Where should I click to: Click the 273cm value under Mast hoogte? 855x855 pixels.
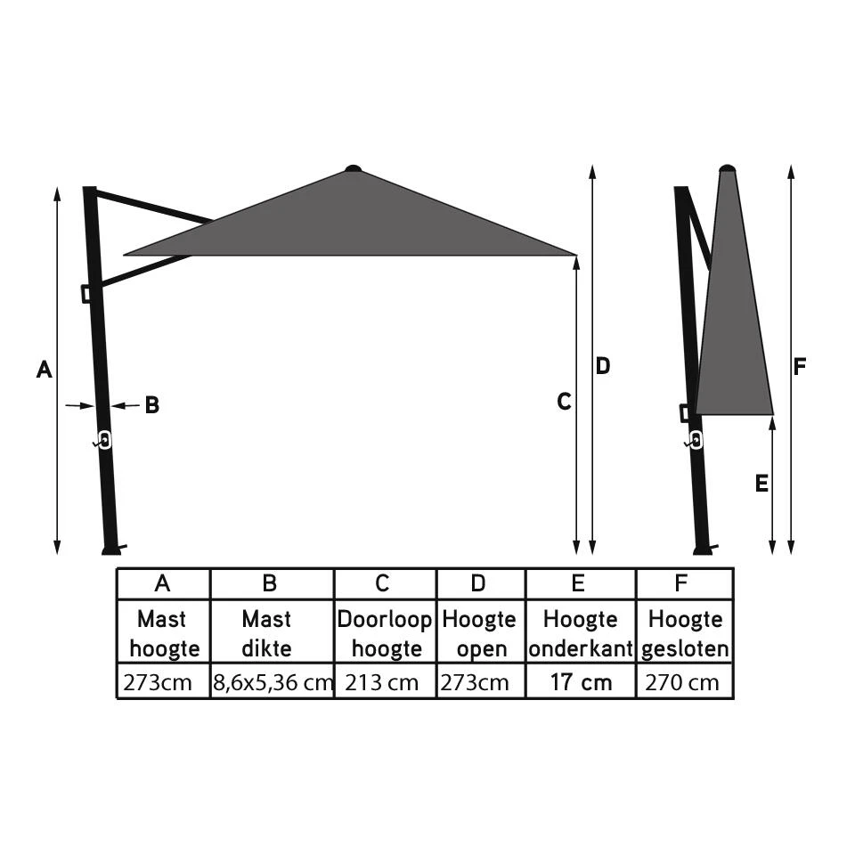click(x=163, y=683)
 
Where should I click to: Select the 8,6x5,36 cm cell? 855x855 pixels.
click(x=272, y=683)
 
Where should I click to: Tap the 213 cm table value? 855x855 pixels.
click(x=385, y=683)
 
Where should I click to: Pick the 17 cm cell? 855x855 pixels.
click(x=581, y=683)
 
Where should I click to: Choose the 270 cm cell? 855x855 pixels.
click(x=684, y=683)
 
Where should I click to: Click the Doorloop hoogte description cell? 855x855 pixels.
click(x=385, y=633)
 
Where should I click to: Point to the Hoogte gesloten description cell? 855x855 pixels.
click(x=684, y=633)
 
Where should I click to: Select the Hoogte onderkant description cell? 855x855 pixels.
click(x=581, y=633)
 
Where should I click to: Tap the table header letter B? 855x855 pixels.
click(x=270, y=583)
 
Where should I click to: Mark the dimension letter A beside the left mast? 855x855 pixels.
click(x=44, y=369)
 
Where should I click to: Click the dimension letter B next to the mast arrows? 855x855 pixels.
click(x=152, y=405)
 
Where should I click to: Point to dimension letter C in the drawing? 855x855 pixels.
click(x=564, y=403)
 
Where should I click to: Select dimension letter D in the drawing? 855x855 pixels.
click(x=603, y=366)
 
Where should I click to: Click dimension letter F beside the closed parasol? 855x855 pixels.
click(x=801, y=366)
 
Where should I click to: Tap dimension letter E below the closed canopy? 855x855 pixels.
click(x=761, y=484)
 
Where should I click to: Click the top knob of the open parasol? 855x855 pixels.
click(x=354, y=167)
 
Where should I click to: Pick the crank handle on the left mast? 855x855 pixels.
click(x=103, y=440)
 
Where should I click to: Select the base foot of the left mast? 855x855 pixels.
click(x=111, y=549)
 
